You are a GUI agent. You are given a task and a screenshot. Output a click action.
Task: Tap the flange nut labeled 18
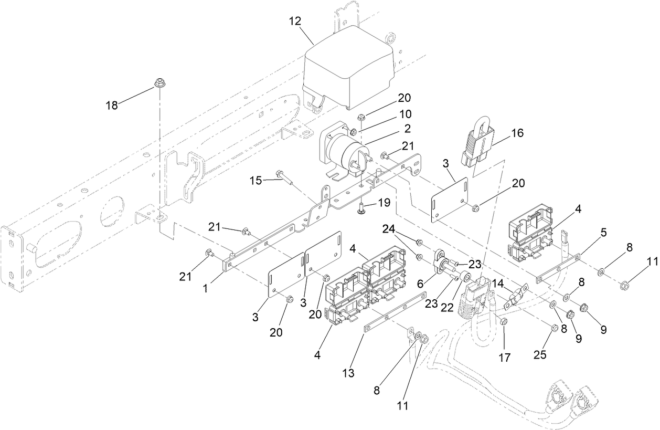pos(159,83)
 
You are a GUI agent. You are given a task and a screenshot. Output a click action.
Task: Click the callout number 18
pos(111,105)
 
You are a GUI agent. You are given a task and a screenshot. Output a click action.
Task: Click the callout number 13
pos(348,373)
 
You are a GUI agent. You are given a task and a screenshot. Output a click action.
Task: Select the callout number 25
pos(541,355)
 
